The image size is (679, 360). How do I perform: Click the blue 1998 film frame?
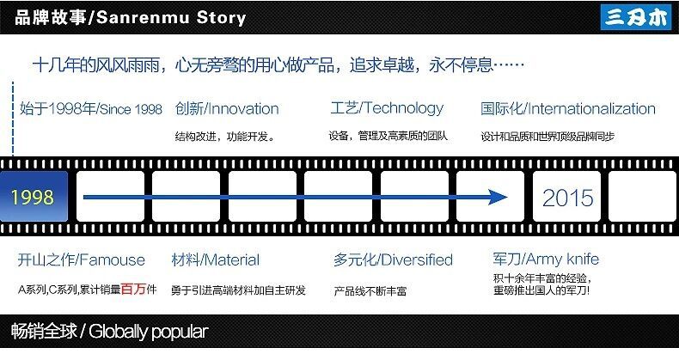[x=33, y=198]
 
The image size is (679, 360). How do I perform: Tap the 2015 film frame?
[x=567, y=198]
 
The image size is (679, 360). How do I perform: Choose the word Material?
[x=231, y=259]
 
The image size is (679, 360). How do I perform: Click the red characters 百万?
[x=132, y=289]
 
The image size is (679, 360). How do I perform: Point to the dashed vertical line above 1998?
[x=13, y=120]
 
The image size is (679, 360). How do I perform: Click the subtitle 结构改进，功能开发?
[x=224, y=136]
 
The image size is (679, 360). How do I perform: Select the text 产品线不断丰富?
[x=370, y=291]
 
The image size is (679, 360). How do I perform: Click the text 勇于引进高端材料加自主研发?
[x=238, y=290]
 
